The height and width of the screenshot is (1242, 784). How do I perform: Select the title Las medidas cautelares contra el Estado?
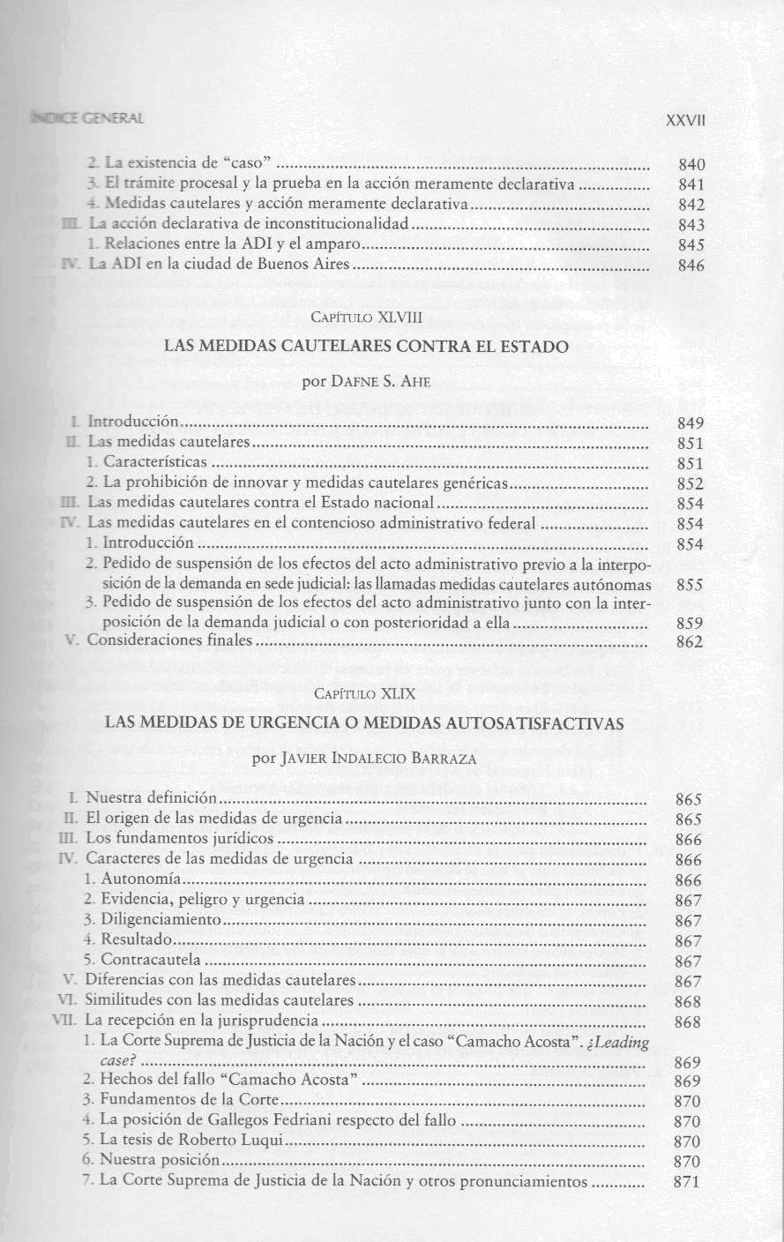366,348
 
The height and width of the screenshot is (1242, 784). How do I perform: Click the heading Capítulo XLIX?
364,693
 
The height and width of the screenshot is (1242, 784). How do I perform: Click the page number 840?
691,164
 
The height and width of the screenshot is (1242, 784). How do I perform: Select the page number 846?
691,266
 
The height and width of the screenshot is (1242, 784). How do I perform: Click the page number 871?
686,1183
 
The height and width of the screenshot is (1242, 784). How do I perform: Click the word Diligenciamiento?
160,920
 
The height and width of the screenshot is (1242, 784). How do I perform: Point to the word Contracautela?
151,960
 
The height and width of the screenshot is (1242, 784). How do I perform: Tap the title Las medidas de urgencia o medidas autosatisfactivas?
364,723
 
